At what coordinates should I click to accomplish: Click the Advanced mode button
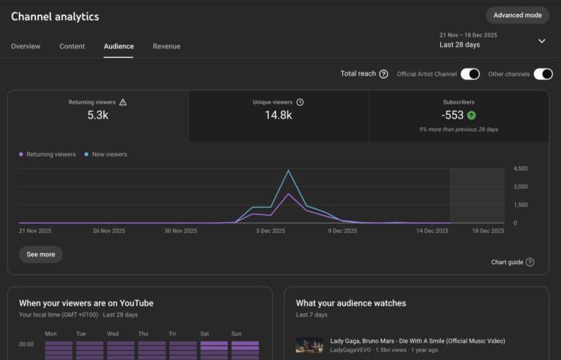pyautogui.click(x=517, y=15)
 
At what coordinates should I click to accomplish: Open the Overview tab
pyautogui.click(x=26, y=46)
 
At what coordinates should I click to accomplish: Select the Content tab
pyautogui.click(x=72, y=46)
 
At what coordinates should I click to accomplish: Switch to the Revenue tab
pyautogui.click(x=166, y=46)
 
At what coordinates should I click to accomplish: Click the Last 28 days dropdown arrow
pyautogui.click(x=542, y=41)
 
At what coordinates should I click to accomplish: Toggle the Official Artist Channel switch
pyautogui.click(x=470, y=74)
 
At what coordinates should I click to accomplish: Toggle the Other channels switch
pyautogui.click(x=543, y=74)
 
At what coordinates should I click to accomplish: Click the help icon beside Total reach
pyautogui.click(x=383, y=74)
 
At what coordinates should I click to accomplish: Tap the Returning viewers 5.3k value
pyautogui.click(x=97, y=115)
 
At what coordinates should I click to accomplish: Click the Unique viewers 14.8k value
pyautogui.click(x=278, y=115)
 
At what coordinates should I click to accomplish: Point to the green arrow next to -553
pyautogui.click(x=471, y=115)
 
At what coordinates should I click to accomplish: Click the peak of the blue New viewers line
pyautogui.click(x=288, y=171)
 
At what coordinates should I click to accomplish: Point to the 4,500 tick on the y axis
pyautogui.click(x=521, y=168)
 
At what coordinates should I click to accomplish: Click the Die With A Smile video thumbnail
pyautogui.click(x=309, y=345)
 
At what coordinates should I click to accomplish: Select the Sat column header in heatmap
pyautogui.click(x=205, y=334)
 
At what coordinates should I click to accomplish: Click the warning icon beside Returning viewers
pyautogui.click(x=122, y=102)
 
